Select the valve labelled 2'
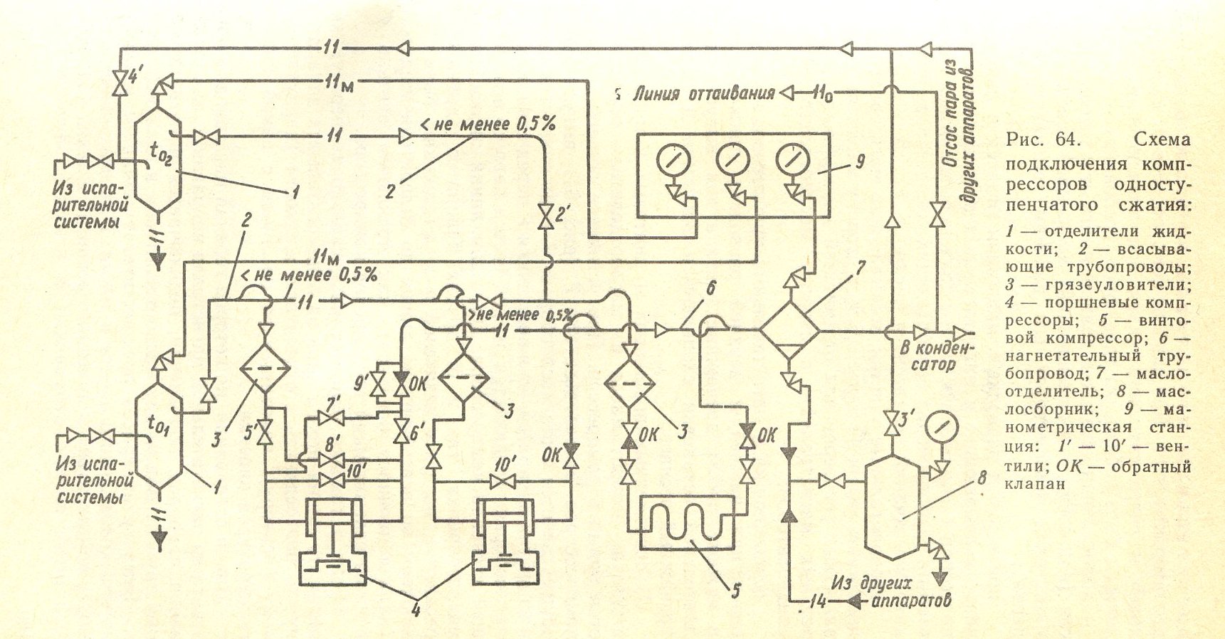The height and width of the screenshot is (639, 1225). point(545,216)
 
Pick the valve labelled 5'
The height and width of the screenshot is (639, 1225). point(266,433)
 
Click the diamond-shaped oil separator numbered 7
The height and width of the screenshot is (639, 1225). point(789,330)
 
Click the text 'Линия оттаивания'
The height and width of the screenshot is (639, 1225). point(703,93)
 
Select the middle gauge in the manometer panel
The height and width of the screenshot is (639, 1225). point(730,159)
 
